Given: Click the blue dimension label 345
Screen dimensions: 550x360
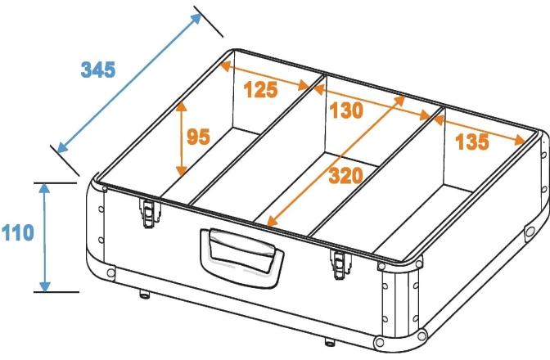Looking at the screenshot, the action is pos(98,70).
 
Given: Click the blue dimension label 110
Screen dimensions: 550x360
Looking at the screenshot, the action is pos(17,232).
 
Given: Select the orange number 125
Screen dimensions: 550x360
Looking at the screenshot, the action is pos(260,89).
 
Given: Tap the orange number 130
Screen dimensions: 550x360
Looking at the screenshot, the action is pos(346,110).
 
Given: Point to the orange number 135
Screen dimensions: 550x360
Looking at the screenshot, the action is pos(471,142).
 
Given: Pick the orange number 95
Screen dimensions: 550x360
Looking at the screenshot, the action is pos(198,137).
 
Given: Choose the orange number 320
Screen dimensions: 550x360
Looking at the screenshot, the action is pos(345,176).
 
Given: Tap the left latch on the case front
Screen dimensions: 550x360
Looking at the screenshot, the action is pos(150,213).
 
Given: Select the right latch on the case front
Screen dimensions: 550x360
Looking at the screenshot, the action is pos(340,264).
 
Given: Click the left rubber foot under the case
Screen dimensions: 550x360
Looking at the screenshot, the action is pos(144,294).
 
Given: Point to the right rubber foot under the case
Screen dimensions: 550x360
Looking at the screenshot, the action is pos(329,341).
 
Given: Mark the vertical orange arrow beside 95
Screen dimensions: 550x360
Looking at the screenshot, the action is pos(182,139).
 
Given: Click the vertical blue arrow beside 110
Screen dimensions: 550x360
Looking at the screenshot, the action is pos(44,237).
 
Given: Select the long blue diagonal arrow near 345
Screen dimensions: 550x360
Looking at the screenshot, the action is pos(129,83).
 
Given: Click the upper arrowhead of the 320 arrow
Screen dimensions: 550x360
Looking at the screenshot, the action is pos(399,101).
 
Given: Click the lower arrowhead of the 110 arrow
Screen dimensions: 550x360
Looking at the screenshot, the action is pos(44,286).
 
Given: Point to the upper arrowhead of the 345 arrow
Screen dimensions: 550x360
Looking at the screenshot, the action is pos(196,19).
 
